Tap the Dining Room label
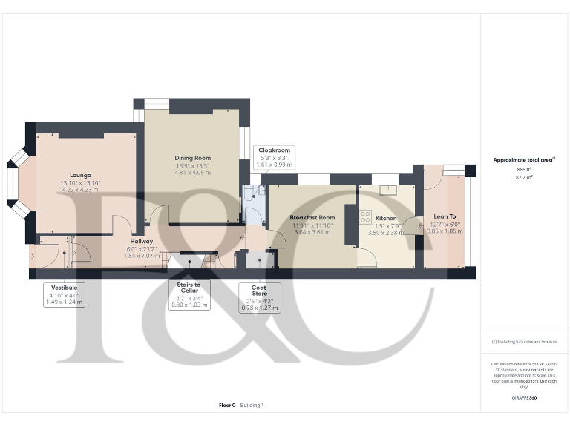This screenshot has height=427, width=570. (193, 158)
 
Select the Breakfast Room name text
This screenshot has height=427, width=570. (308, 217)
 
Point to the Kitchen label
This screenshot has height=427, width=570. (386, 219)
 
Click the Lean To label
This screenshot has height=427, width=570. (445, 216)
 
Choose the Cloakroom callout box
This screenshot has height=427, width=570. (274, 157)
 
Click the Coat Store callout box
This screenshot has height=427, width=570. (260, 298)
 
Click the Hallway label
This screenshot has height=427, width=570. (141, 241)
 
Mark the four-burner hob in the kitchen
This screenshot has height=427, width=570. (365, 217)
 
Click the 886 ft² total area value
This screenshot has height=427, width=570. (525, 170)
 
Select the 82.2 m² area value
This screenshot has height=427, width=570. (525, 178)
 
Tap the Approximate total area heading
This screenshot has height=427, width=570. (524, 159)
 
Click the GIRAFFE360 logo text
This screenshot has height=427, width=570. (524, 398)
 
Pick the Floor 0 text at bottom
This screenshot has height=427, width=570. (227, 406)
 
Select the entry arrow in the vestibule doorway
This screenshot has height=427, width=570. (32, 254)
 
